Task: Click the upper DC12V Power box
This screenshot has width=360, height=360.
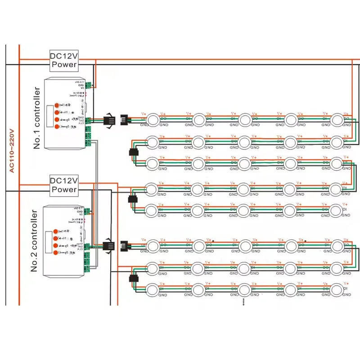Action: coord(64,59)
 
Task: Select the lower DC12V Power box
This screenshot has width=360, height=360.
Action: coord(64,184)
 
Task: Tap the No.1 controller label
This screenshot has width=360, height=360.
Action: coord(37,119)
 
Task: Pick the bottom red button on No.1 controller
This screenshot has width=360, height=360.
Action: coord(57,127)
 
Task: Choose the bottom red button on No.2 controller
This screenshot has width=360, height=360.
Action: coord(56,253)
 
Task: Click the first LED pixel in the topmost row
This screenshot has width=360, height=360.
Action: coord(153,119)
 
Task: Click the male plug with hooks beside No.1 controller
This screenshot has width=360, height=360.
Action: coord(109,120)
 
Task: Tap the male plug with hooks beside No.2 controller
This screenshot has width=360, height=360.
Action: coord(109,246)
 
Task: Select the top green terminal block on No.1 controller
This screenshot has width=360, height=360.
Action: coord(90,84)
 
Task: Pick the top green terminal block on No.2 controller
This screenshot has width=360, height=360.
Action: coord(88,211)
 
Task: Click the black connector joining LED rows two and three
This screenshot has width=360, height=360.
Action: coord(133,152)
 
